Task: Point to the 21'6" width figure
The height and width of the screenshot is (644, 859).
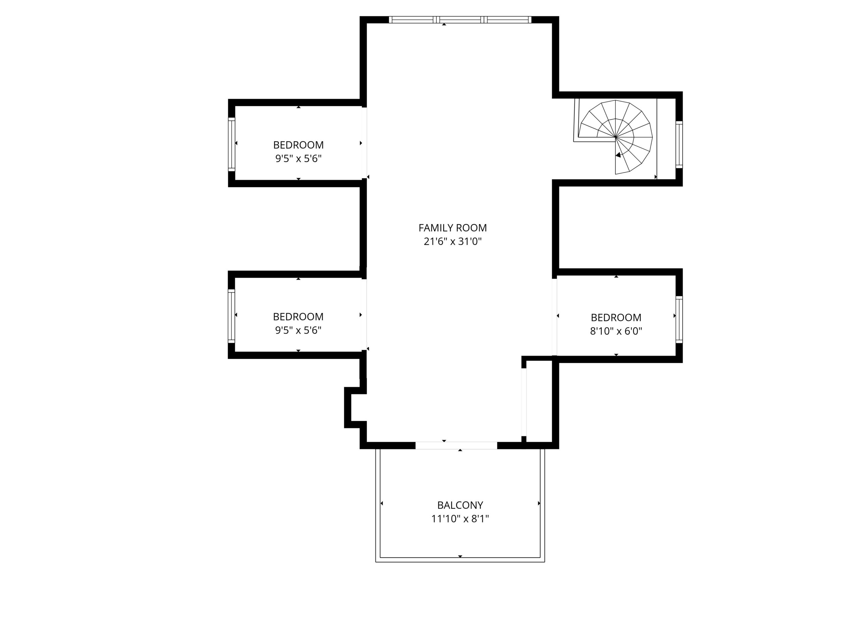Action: coord(435,241)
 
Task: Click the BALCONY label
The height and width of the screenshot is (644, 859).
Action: coord(460,505)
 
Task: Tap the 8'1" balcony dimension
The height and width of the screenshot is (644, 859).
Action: coord(480,519)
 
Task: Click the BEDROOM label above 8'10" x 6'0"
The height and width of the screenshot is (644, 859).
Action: coord(616,318)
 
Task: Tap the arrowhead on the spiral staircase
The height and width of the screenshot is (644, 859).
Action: coord(618,155)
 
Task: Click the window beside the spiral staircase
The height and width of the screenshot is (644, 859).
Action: coord(679,145)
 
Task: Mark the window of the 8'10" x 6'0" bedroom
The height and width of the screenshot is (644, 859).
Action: coord(679,319)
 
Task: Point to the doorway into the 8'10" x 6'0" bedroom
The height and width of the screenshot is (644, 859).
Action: coord(555,317)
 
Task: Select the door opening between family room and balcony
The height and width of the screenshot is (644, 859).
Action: coord(456,446)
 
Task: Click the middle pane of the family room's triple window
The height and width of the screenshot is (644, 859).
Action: coord(460,19)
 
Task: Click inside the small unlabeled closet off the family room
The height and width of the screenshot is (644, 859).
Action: coord(540,401)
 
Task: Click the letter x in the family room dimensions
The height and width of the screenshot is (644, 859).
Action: coord(452,242)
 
